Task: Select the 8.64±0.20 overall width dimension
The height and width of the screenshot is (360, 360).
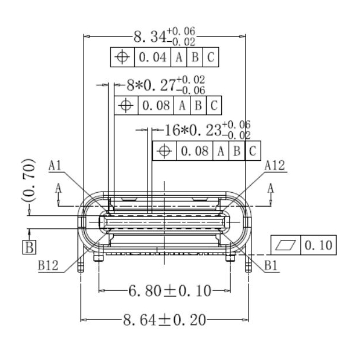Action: click(164, 320)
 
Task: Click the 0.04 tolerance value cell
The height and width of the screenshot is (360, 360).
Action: click(153, 57)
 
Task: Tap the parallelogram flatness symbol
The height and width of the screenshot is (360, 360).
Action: click(286, 246)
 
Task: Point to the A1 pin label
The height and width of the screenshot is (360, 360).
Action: click(56, 166)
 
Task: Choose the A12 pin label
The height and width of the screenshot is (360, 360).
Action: click(275, 166)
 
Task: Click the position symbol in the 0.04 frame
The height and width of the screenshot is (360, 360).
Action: click(122, 57)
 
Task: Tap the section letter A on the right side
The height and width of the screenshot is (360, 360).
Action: click(271, 188)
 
